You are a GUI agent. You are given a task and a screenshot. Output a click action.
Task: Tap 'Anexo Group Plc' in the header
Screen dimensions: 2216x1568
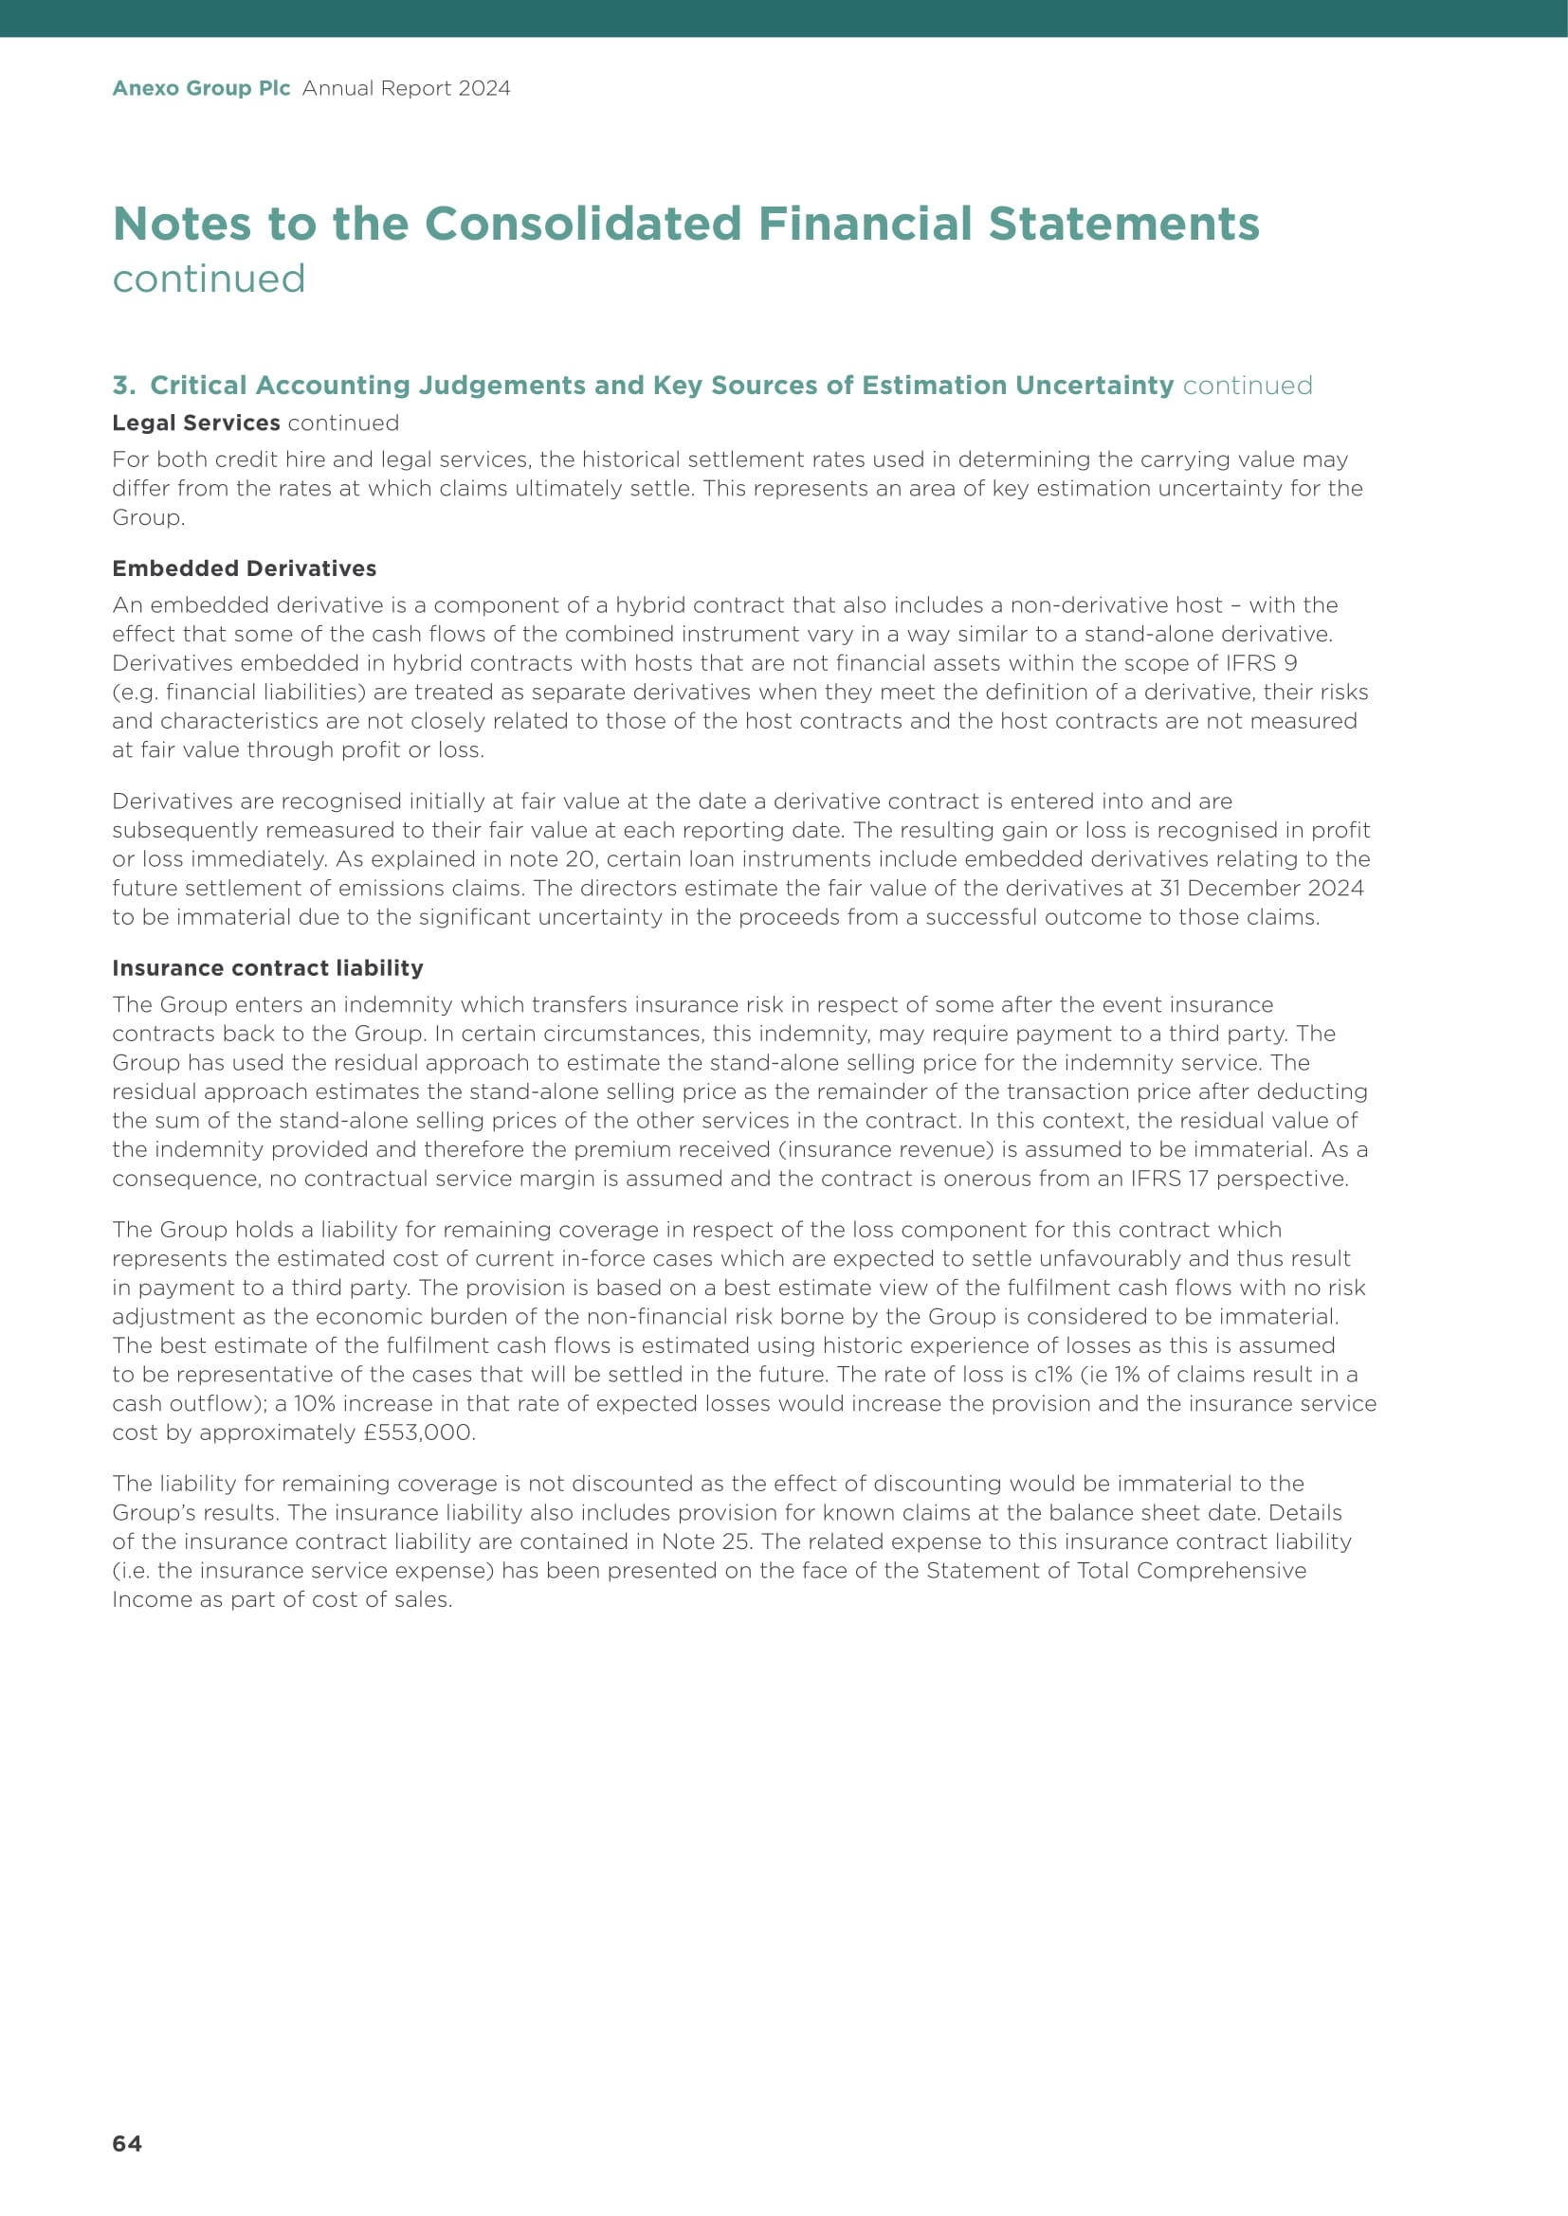[201, 88]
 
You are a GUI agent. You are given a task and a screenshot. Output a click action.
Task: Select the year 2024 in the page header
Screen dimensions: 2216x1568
[484, 88]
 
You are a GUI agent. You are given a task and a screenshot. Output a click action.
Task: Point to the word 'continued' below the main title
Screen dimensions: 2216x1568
[209, 279]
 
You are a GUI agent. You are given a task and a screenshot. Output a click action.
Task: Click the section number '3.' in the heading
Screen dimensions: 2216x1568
[123, 385]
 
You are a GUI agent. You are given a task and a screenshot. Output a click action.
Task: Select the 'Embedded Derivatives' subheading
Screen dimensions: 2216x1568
[245, 568]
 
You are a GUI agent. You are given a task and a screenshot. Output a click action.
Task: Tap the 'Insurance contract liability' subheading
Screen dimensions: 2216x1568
[267, 968]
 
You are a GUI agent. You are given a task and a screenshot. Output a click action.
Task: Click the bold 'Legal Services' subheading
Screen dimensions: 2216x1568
[196, 423]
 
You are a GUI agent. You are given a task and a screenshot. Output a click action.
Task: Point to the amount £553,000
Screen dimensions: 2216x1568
[419, 1432]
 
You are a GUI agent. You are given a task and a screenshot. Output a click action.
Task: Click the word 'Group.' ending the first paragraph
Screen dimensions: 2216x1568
[149, 517]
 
